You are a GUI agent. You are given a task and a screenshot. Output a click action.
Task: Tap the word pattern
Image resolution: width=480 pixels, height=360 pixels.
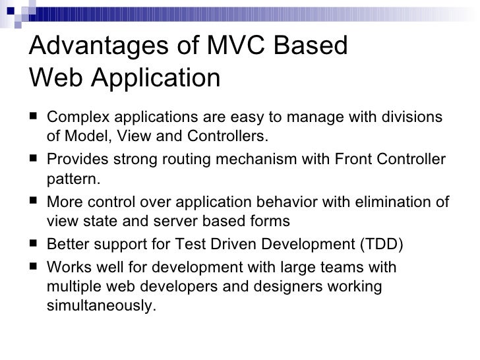tap(70, 179)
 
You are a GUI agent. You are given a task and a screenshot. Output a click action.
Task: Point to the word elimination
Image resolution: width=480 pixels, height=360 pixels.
tap(389, 202)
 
